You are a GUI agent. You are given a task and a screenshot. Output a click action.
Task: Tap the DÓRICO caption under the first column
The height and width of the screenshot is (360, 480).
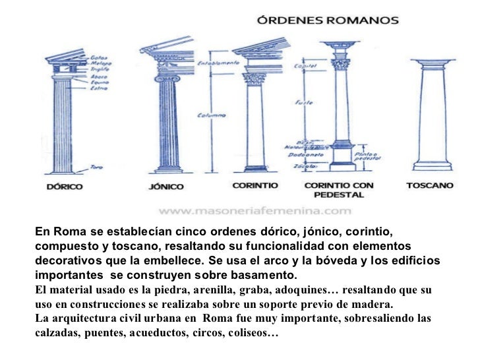[x=64, y=187]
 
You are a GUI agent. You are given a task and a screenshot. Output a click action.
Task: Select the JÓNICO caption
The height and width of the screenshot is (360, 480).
[x=165, y=187]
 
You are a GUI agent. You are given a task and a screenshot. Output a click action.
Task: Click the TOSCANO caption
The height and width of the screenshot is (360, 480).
[x=429, y=186]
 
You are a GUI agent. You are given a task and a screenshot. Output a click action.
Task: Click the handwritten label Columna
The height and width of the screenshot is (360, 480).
[x=212, y=115]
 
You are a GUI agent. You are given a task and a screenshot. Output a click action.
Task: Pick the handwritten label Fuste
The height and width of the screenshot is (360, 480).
[x=304, y=103]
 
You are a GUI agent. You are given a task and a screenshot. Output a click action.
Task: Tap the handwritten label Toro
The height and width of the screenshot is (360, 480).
[x=96, y=167]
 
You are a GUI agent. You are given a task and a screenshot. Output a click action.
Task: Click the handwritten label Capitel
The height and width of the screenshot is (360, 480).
[x=305, y=66]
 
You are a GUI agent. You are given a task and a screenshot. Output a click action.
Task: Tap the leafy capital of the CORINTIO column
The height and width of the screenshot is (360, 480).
[x=255, y=78]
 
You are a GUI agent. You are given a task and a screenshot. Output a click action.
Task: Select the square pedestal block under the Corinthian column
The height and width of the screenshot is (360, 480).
[x=341, y=156]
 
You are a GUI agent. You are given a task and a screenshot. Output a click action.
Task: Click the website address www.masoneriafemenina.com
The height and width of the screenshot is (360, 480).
[x=254, y=211]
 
